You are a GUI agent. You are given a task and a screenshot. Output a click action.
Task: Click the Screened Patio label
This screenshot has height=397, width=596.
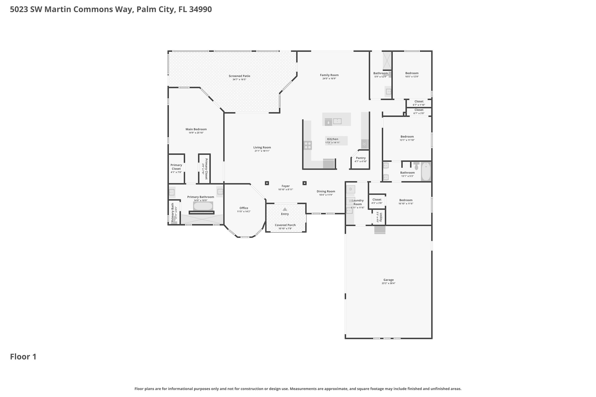tap(239, 76)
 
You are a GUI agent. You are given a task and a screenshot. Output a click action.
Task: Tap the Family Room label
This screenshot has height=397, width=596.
tap(329, 75)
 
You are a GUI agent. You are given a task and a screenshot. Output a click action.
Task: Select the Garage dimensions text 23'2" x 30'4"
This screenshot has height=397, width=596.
tap(388, 283)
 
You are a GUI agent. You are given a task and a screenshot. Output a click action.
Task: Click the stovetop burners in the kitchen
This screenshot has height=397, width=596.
tap(308, 145)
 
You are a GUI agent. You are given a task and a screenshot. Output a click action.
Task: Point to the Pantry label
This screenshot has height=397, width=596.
tap(361, 158)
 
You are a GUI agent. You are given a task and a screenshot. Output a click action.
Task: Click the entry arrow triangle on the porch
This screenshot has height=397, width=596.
tap(285, 209)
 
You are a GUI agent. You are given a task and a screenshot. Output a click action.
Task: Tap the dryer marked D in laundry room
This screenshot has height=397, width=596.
tap(351, 189)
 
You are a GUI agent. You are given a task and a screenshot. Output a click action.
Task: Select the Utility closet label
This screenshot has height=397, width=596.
tap(381, 217)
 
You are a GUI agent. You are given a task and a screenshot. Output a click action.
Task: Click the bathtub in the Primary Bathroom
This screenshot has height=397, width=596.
tap(203, 206)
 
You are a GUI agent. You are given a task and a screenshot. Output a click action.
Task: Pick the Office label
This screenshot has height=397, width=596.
tap(244, 208)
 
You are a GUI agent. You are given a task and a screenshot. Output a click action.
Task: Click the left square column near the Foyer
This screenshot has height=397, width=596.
tap(267, 183)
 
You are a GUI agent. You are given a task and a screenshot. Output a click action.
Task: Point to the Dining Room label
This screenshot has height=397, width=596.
tap(326, 191)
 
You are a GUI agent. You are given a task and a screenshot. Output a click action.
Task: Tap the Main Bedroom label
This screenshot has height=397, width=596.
tap(196, 129)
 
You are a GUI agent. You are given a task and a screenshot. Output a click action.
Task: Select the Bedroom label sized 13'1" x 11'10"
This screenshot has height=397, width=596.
tap(407, 137)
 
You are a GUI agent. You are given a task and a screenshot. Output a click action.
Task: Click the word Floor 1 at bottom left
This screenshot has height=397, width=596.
tap(23, 357)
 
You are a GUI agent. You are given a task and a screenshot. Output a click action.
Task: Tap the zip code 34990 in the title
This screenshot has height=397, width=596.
tap(200, 9)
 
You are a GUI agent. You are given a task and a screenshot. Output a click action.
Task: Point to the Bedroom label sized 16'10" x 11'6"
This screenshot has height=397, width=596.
tap(406, 200)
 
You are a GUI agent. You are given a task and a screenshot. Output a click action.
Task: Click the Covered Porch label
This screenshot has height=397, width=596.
tap(285, 225)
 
